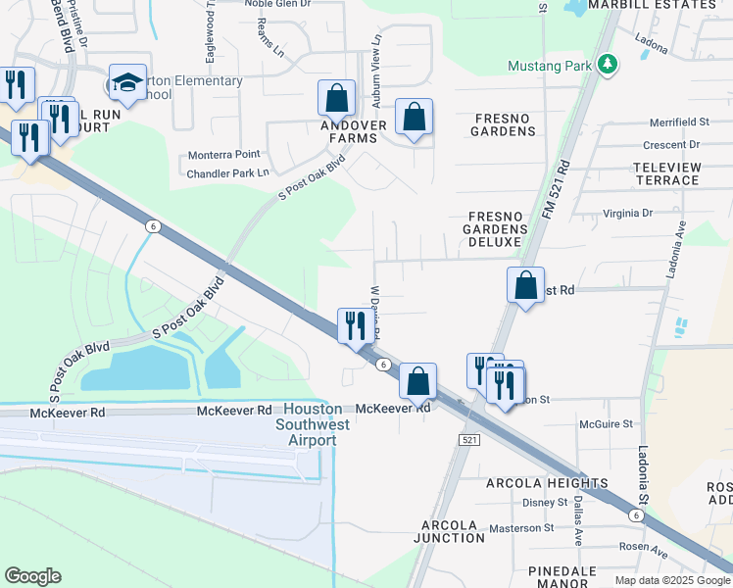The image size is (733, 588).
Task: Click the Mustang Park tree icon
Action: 609,66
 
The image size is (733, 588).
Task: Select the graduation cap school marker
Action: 127,83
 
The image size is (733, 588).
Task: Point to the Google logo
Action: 32,576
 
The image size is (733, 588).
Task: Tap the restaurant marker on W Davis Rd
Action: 356,325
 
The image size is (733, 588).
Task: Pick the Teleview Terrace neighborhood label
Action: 667,173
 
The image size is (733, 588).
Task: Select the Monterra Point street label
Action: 224,155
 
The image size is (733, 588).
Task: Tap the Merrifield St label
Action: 679,122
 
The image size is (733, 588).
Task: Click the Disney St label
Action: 546,503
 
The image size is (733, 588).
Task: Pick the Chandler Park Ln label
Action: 227,174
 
